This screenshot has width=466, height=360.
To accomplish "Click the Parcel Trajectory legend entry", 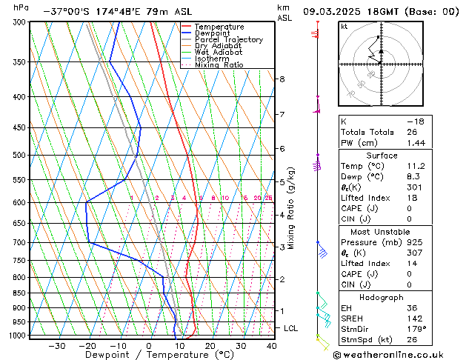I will coord(228,39).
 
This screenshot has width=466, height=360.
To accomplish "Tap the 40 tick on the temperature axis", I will coord(271,346).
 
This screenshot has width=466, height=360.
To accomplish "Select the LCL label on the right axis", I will coord(291,327).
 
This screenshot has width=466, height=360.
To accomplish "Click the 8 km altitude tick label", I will coord(282,79).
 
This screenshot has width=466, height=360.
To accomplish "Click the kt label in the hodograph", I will coord(344,27).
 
